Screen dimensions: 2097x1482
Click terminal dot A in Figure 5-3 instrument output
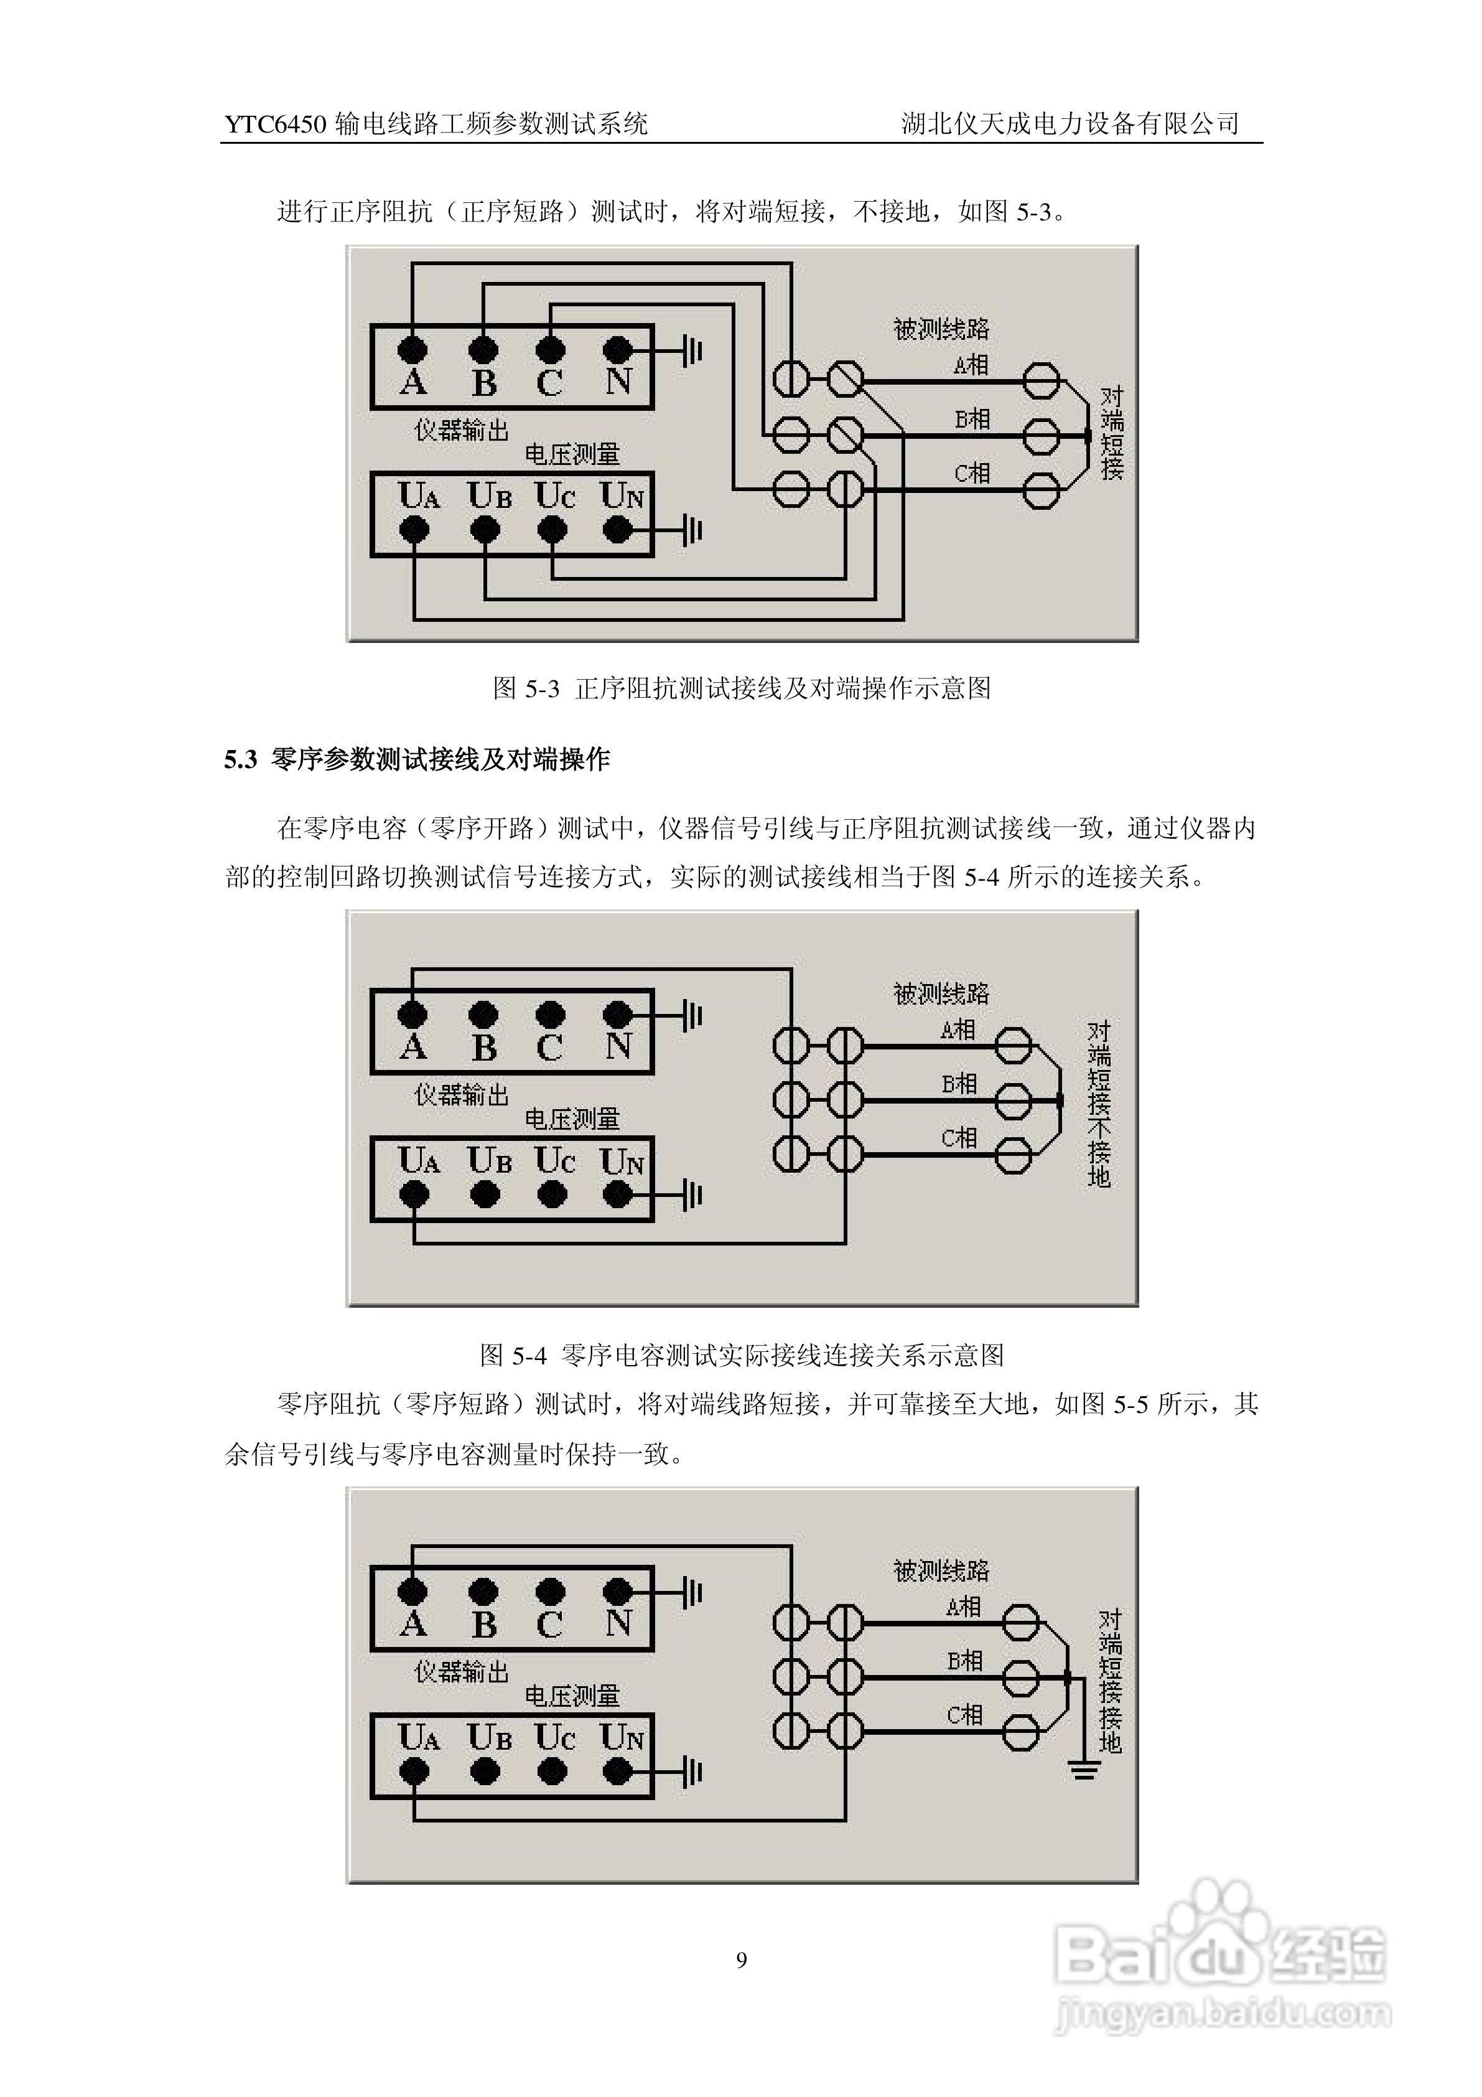click(x=414, y=349)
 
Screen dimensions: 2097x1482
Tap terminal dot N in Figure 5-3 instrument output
click(x=618, y=349)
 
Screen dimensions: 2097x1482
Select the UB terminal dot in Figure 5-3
click(x=484, y=529)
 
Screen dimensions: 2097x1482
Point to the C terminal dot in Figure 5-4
click(x=551, y=1014)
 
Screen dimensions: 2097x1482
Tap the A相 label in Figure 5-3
click(x=971, y=365)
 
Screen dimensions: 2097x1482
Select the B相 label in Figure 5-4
click(x=959, y=1084)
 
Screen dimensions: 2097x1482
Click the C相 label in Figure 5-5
click(x=964, y=1715)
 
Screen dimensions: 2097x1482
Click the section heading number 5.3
click(x=241, y=760)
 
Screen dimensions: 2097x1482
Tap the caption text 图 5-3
click(x=525, y=688)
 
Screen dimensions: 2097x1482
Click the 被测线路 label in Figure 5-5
click(x=941, y=1571)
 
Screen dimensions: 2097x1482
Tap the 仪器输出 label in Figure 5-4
click(x=461, y=1094)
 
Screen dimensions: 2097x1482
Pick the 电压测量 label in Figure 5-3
click(x=572, y=454)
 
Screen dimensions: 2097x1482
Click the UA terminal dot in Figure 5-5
click(x=414, y=1772)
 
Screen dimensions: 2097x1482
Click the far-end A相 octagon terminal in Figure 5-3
click(x=1040, y=382)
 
